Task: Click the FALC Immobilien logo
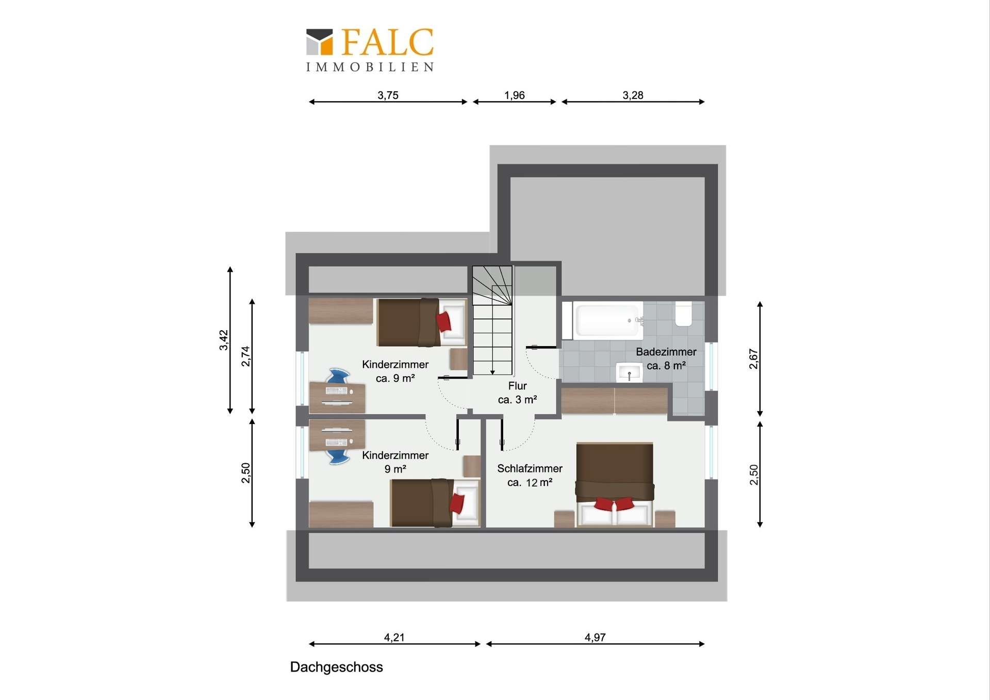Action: point(370,50)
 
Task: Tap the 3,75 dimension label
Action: point(388,95)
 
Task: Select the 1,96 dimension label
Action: point(515,95)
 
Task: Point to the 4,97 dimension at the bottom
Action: point(595,638)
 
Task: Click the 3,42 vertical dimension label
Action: point(224,340)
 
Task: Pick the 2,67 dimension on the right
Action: point(754,359)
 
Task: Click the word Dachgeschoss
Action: point(336,667)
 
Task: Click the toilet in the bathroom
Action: point(684,314)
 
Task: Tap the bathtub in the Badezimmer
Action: point(607,320)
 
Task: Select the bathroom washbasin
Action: point(629,372)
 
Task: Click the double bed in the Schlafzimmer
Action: point(615,484)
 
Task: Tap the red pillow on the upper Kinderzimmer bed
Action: point(443,322)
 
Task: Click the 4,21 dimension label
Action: point(394,638)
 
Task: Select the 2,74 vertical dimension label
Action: point(245,356)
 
